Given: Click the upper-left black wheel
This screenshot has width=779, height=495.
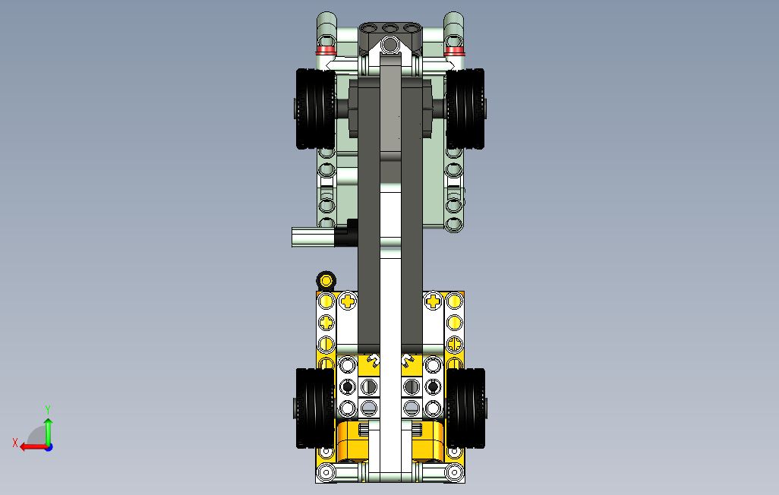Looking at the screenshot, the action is tap(316, 109).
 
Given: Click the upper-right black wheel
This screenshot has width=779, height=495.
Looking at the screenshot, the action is tap(465, 109).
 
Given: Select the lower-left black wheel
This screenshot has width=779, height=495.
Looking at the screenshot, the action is tap(316, 408).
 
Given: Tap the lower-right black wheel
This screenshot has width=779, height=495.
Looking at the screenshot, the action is tap(465, 408).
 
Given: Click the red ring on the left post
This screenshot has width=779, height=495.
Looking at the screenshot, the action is tap(326, 49).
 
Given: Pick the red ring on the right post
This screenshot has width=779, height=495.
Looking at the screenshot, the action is tap(454, 49).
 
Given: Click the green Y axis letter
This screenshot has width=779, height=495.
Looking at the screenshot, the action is tap(48, 409).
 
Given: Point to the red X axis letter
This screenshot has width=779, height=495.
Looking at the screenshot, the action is tap(15, 443).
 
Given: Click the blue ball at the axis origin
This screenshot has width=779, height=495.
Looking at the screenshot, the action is tap(49, 447).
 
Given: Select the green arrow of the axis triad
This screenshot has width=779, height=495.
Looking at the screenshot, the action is tap(48, 431).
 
